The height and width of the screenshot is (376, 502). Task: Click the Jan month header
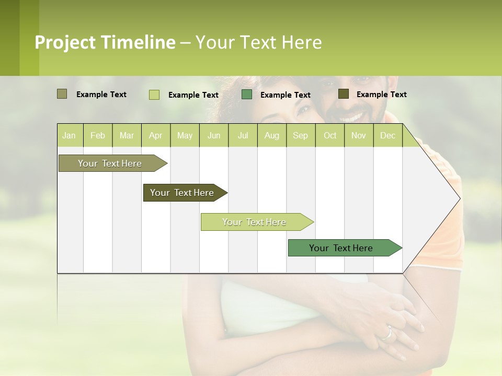(x=69, y=135)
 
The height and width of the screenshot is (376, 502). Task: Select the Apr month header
(x=155, y=135)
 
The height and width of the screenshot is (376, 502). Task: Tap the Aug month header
(x=271, y=135)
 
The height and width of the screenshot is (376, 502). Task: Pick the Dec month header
(x=387, y=135)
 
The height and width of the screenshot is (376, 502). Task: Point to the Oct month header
(x=330, y=135)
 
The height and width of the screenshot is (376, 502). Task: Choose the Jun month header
(x=214, y=135)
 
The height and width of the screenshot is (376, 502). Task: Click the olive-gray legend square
(x=62, y=94)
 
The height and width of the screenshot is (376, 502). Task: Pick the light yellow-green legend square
(x=154, y=95)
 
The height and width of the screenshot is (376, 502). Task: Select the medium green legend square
(x=247, y=94)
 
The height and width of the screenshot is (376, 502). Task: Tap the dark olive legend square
(x=343, y=94)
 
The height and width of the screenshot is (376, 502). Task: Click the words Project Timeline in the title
(x=105, y=42)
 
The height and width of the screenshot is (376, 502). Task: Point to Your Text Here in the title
(x=258, y=42)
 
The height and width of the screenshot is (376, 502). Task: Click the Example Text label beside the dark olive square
(x=381, y=94)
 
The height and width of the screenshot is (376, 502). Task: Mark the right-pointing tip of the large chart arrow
(x=459, y=198)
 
